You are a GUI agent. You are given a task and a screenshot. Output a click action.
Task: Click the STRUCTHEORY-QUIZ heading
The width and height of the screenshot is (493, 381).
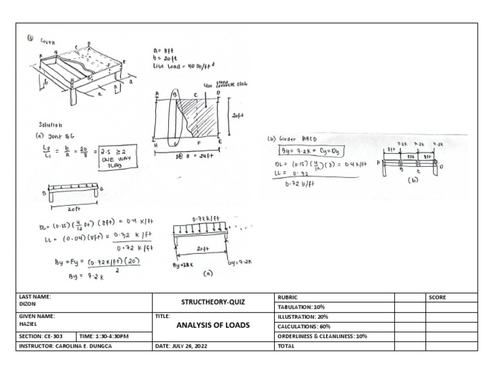(x=212, y=301)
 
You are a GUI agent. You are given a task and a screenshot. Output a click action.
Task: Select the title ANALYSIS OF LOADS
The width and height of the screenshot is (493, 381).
(x=212, y=325)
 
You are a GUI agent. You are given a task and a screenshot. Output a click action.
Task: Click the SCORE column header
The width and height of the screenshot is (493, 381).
(x=437, y=298)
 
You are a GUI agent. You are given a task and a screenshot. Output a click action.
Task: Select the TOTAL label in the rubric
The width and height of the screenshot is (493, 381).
(x=285, y=346)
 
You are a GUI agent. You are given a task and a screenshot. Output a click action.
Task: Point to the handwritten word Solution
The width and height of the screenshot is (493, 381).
(x=52, y=125)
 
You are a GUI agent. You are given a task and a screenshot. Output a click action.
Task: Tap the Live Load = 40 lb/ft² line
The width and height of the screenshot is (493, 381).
(x=186, y=65)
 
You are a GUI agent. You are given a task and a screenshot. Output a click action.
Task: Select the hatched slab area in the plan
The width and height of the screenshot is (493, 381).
(x=200, y=115)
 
